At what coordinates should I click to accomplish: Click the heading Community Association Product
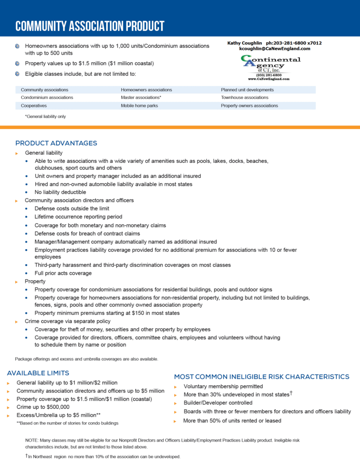click(90, 26)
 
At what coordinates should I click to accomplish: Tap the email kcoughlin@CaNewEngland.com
click(274, 49)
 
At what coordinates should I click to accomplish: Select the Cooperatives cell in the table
click(33, 106)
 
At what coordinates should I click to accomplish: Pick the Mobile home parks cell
click(139, 106)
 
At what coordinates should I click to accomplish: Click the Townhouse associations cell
click(244, 98)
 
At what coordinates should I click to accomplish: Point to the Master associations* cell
click(141, 98)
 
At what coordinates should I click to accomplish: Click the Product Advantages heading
click(56, 143)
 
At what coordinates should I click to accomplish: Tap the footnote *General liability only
click(45, 117)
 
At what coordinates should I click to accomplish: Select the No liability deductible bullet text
click(60, 192)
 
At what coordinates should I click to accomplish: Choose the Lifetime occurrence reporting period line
click(78, 217)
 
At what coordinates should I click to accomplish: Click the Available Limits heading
click(38, 373)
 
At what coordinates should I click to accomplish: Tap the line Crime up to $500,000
click(43, 407)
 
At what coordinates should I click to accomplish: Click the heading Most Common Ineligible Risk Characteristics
click(261, 377)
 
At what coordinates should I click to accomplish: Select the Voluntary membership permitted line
click(223, 386)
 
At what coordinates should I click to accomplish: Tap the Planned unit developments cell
click(247, 90)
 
